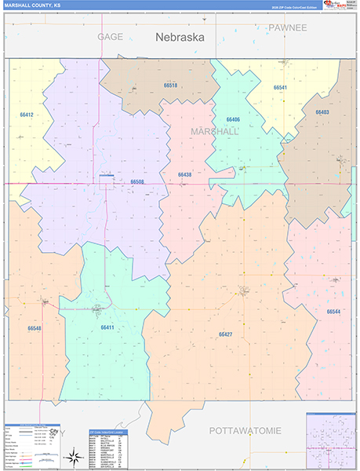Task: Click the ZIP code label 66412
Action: click(x=27, y=115)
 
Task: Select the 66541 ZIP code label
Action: click(x=280, y=88)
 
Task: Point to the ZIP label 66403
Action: click(x=322, y=112)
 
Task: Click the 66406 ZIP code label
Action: click(x=233, y=119)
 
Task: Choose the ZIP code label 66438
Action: click(x=184, y=174)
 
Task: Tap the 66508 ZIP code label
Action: click(x=137, y=181)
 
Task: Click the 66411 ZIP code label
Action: click(x=107, y=327)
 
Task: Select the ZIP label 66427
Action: click(x=225, y=334)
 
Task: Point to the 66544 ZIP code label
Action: click(x=333, y=312)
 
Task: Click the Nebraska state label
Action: click(x=180, y=37)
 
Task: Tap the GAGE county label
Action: click(x=111, y=37)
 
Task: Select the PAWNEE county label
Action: click(x=287, y=27)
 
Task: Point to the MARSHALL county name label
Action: click(x=214, y=132)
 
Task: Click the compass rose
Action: click(x=72, y=455)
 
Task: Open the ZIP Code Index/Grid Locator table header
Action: click(x=107, y=431)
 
